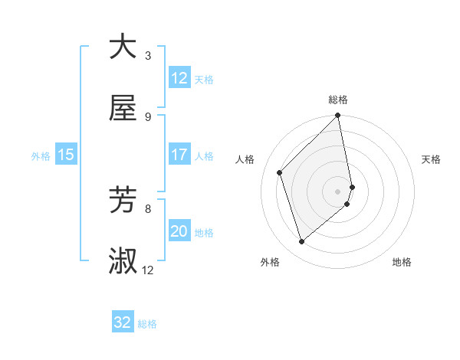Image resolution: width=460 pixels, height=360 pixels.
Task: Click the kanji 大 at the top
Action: tap(123, 47)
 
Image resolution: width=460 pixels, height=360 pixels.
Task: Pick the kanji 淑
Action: tap(123, 261)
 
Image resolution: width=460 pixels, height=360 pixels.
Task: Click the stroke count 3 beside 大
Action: tap(147, 55)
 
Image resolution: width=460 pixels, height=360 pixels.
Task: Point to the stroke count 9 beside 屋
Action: tap(147, 116)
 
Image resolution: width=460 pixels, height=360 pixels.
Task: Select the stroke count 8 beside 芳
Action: tap(147, 208)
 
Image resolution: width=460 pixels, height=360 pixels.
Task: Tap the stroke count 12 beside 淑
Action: tap(148, 270)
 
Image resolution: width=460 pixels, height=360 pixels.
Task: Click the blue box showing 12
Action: tap(179, 78)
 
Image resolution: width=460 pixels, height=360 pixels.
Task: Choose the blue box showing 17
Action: tap(179, 155)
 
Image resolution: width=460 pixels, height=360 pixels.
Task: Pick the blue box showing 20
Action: tap(179, 231)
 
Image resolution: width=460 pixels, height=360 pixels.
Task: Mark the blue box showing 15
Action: tap(66, 155)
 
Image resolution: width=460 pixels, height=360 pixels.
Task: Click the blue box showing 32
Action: tap(123, 322)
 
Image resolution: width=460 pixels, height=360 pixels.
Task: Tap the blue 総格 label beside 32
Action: tap(147, 324)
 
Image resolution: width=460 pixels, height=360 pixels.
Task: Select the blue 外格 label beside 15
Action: tap(41, 156)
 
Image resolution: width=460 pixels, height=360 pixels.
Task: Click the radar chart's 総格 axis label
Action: tap(338, 100)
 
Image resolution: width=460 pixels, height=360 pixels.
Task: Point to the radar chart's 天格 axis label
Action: tap(432, 159)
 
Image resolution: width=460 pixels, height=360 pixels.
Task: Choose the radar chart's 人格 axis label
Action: tap(245, 159)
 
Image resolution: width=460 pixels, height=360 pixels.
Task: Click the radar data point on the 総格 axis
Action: tap(338, 116)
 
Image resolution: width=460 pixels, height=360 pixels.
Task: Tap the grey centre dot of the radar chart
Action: tap(338, 191)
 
